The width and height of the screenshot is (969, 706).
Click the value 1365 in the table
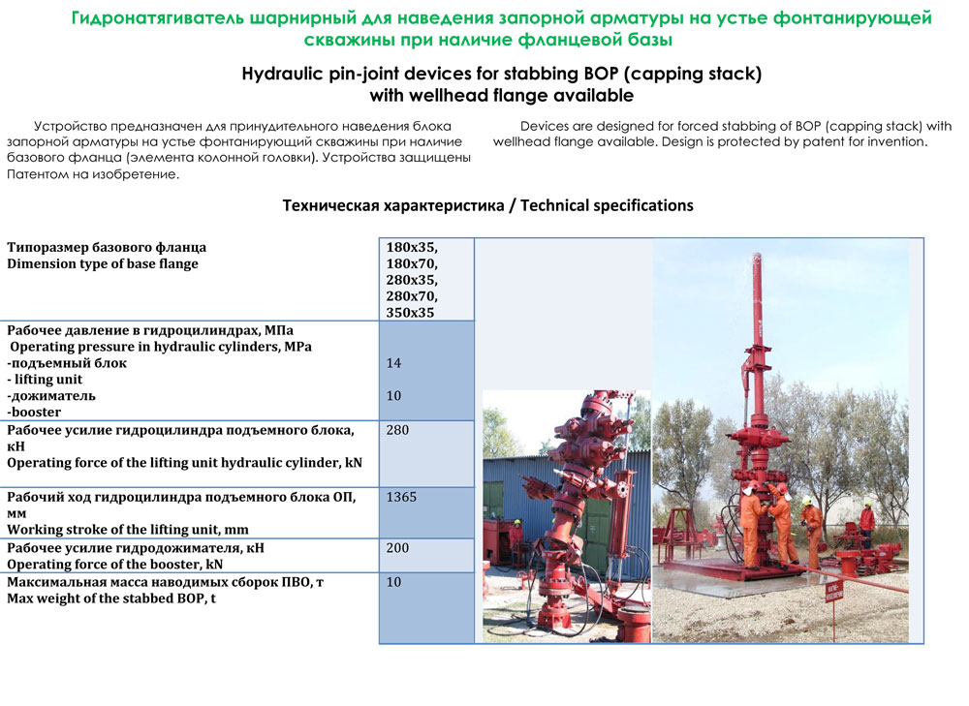tap(402, 497)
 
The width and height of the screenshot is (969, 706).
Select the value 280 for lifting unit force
tap(397, 430)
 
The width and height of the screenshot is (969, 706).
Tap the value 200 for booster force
tap(397, 548)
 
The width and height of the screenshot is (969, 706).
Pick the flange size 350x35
tap(410, 313)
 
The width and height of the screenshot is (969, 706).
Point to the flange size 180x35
tap(412, 247)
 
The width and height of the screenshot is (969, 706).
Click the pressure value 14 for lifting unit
tap(393, 363)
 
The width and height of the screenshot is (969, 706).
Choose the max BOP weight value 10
tap(393, 582)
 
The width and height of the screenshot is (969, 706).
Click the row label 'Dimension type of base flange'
tap(103, 263)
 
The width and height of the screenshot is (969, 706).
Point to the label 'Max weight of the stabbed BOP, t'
tap(111, 599)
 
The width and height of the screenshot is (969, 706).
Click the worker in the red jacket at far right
tap(867, 525)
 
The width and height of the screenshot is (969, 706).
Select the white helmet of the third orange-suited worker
tap(807, 500)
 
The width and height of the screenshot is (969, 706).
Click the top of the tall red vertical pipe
tap(757, 254)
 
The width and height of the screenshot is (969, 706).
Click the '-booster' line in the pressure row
tap(34, 412)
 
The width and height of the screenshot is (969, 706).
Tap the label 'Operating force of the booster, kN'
tap(115, 565)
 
